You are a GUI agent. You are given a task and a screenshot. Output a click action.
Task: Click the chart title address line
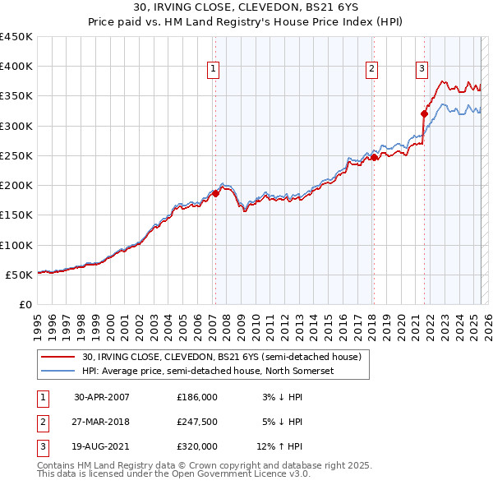[246, 7]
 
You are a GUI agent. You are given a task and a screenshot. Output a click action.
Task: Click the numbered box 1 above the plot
[213, 69]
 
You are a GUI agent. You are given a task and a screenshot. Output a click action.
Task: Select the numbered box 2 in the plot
[371, 69]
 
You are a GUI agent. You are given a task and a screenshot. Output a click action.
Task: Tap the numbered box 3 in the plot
[422, 69]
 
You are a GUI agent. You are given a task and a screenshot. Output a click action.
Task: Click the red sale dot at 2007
[215, 193]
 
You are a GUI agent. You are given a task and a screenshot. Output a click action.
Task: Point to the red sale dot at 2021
[425, 113]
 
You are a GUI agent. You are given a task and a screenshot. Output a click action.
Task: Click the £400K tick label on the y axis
[16, 67]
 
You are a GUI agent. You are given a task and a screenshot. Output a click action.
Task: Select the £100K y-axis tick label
[16, 245]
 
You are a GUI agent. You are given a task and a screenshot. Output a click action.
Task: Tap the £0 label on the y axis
[24, 304]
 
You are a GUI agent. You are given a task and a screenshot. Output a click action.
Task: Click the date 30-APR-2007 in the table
[102, 396]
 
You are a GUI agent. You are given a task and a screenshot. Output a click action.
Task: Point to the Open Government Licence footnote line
[164, 474]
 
